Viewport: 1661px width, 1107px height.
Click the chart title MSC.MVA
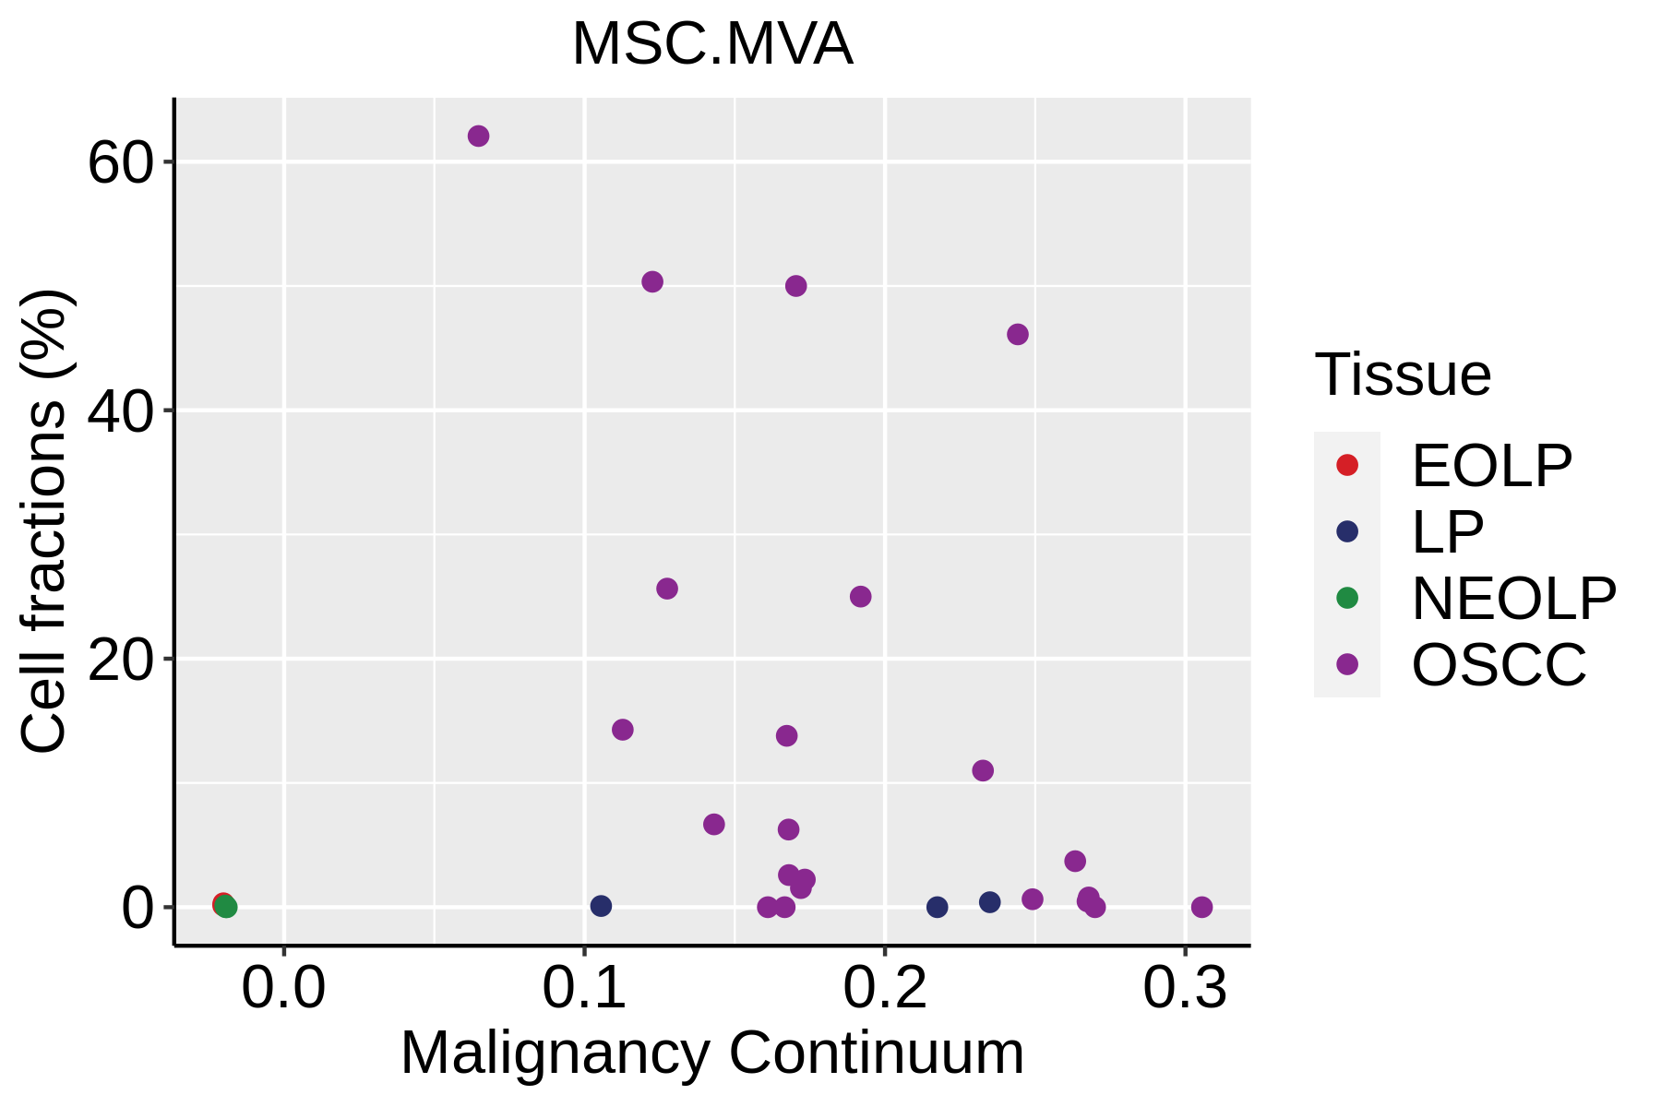711,44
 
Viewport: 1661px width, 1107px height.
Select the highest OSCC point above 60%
478,137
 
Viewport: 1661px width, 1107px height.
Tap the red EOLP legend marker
1347,465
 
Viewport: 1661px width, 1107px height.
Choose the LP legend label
1447,531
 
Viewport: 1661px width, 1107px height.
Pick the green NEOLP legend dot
1347,598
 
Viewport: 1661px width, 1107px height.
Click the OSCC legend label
1499,664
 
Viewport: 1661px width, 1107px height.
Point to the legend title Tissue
1403,375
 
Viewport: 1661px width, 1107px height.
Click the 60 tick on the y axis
119,163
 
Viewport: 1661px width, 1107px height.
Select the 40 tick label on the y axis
119,411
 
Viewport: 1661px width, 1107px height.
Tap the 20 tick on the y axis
119,660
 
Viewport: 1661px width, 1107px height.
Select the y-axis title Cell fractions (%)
44,521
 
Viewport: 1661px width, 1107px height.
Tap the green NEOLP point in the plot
226,907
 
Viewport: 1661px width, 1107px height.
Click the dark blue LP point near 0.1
601,906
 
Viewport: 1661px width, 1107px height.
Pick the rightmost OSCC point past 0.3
1201,907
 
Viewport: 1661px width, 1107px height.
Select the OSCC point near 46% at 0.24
1018,334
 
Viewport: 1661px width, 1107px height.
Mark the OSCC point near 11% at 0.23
983,770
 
